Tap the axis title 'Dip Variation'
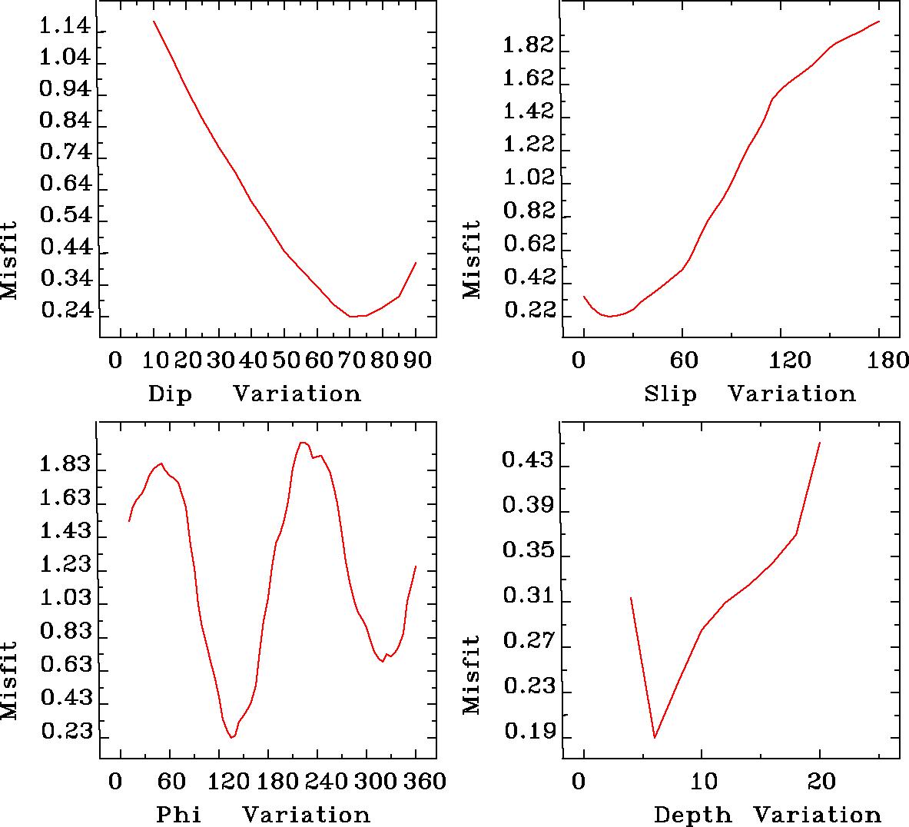(254, 394)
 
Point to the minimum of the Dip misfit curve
(352, 316)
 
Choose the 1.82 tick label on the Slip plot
(527, 46)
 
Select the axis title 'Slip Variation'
(749, 394)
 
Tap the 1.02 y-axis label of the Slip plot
(527, 178)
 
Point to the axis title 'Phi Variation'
(263, 815)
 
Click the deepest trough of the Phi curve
(231, 738)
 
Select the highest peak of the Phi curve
(303, 442)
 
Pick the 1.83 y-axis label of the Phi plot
(65, 464)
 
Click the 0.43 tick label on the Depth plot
(527, 460)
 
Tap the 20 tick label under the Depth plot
(821, 782)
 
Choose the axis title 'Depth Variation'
(767, 815)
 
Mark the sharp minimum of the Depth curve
(655, 737)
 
